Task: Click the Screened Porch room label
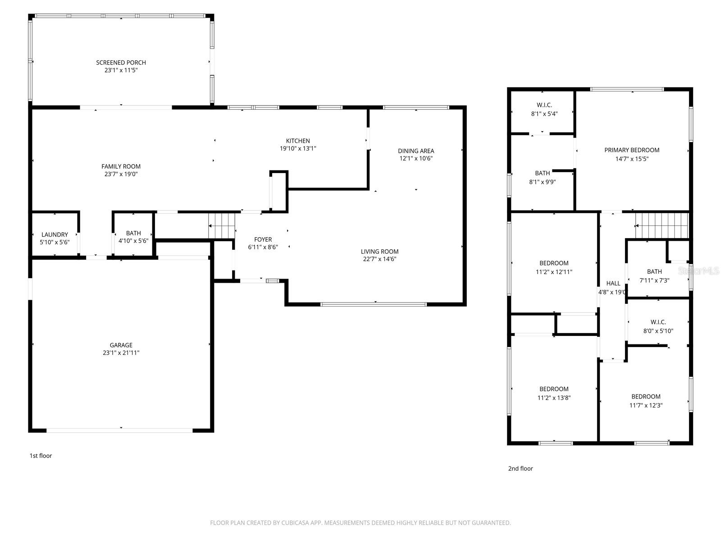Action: click(121, 63)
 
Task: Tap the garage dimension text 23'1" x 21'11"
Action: click(121, 353)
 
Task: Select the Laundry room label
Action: click(55, 234)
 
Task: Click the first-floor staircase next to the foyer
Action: click(222, 225)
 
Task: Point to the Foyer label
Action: click(263, 239)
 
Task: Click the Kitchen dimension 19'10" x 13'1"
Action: click(298, 148)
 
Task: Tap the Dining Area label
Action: click(415, 151)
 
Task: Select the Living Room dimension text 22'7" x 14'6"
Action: click(379, 259)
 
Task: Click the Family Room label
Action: click(121, 166)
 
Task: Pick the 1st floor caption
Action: click(41, 456)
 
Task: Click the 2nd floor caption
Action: click(520, 468)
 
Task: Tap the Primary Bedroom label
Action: click(631, 150)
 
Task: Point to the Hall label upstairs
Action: click(613, 284)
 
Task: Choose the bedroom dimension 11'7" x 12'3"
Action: click(646, 405)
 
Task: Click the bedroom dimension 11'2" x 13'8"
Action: click(554, 398)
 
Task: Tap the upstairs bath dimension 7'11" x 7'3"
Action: click(654, 280)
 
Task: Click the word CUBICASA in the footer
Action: click(292, 523)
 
